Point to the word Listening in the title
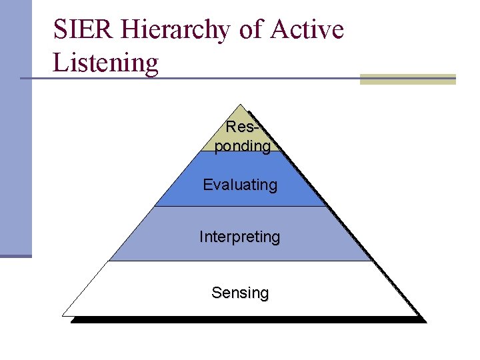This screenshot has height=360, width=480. [105, 64]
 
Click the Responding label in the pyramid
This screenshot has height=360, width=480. [242, 137]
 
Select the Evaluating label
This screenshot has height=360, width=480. [240, 185]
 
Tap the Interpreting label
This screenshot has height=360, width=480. [240, 237]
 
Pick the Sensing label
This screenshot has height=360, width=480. [240, 293]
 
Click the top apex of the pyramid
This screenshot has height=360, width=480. [240, 105]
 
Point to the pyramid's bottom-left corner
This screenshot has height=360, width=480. [63, 314]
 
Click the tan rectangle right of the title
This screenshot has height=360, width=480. [407, 79]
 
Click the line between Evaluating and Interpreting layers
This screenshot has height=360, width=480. [240, 206]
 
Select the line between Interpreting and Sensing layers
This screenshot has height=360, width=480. [240, 261]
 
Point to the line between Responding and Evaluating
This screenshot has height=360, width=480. [240, 153]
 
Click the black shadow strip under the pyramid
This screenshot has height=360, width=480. [247, 320]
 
